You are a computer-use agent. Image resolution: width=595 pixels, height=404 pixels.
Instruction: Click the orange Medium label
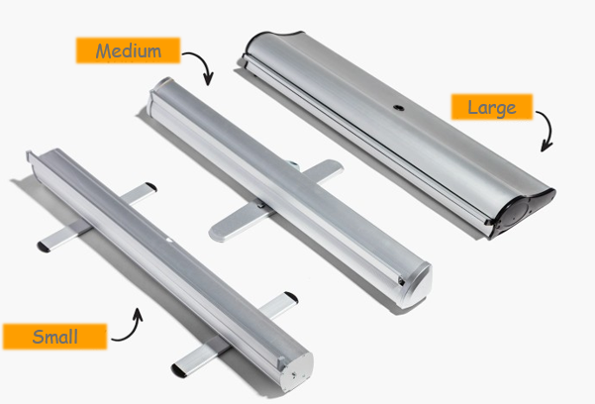tap(128, 50)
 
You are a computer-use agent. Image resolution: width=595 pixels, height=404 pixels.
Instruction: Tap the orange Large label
tap(492, 107)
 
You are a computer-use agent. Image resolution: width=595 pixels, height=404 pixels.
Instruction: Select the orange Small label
tap(55, 337)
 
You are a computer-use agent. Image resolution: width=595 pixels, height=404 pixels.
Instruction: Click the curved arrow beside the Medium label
tap(201, 62)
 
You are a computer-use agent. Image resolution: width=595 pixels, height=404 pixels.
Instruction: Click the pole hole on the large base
tap(398, 109)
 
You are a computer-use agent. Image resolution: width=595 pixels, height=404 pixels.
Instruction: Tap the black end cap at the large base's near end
tap(524, 212)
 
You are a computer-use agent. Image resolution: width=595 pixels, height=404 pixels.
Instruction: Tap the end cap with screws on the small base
tap(298, 370)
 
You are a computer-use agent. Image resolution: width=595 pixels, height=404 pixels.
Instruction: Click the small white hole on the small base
tap(169, 240)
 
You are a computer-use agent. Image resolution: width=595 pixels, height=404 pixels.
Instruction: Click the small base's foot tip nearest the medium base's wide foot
tap(291, 297)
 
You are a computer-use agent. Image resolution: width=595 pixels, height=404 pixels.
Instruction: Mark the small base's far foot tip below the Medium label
tap(150, 187)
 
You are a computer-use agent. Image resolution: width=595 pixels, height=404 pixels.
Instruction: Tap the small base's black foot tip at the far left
tap(44, 248)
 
